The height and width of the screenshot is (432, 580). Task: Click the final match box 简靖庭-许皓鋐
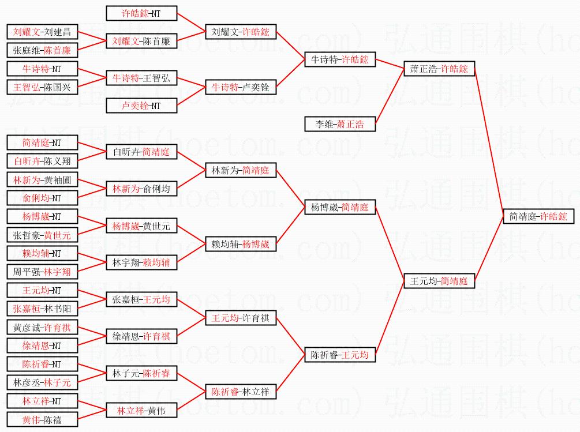click(x=538, y=216)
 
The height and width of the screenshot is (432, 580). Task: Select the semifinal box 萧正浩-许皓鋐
click(x=439, y=69)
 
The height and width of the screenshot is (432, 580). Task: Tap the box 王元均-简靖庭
click(x=439, y=281)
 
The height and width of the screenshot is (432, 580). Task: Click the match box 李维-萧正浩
click(x=340, y=124)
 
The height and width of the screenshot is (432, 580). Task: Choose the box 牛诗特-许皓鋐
click(x=340, y=59)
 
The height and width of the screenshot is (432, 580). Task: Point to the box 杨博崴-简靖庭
click(x=340, y=207)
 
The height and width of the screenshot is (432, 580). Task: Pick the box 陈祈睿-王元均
click(x=340, y=355)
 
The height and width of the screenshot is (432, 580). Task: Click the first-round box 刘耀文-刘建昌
click(x=42, y=32)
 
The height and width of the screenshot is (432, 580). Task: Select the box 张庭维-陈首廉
click(x=42, y=50)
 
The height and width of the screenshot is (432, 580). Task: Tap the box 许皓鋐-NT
click(x=141, y=13)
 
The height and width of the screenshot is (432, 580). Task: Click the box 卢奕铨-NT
click(x=141, y=106)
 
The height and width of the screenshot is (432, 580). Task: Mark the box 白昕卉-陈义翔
click(x=42, y=161)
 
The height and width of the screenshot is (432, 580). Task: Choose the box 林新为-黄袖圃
click(x=42, y=179)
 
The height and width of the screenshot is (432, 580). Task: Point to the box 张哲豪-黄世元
click(x=42, y=235)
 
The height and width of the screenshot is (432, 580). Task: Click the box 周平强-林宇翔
click(x=42, y=272)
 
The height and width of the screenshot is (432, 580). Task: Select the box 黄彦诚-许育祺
click(x=42, y=327)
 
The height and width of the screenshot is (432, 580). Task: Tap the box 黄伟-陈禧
click(x=42, y=419)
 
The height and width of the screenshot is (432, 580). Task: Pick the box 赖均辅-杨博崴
click(x=241, y=244)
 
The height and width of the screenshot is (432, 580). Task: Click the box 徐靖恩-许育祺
click(x=141, y=336)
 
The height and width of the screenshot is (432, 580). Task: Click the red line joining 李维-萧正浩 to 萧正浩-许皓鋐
click(x=390, y=96)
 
